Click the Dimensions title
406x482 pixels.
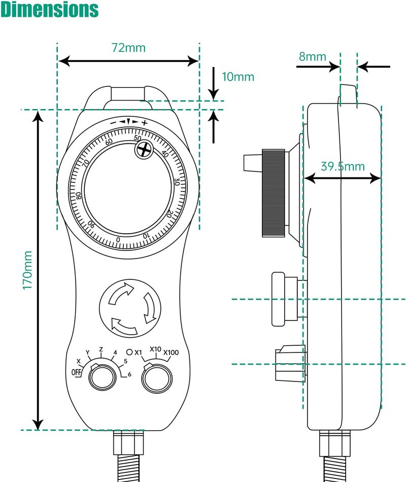[x=49, y=10]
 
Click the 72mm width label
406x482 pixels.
[x=128, y=48]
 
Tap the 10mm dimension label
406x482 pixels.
[x=238, y=77]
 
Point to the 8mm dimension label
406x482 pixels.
[x=312, y=56]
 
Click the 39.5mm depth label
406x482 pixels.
[x=343, y=167]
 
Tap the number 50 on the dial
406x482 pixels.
[x=137, y=138]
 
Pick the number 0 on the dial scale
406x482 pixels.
[x=118, y=240]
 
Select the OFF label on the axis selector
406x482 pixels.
[x=76, y=372]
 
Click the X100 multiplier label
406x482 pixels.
[x=171, y=352]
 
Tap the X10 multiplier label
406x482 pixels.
[x=155, y=349]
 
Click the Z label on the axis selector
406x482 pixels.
[x=101, y=349]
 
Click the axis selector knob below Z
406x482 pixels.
[x=101, y=377]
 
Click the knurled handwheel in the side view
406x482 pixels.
[x=273, y=193]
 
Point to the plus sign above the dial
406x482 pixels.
[x=145, y=122]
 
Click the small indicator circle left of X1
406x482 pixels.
[x=129, y=351]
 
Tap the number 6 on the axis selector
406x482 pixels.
[x=129, y=375]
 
